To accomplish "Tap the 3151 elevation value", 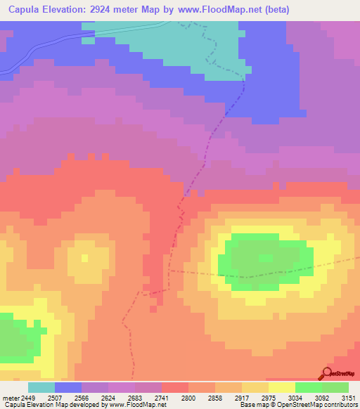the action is [349, 397].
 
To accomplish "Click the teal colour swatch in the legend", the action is [41, 387].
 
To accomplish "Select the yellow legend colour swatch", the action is [281, 387].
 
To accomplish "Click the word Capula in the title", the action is [27, 10].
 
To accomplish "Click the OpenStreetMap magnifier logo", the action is [326, 372].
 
